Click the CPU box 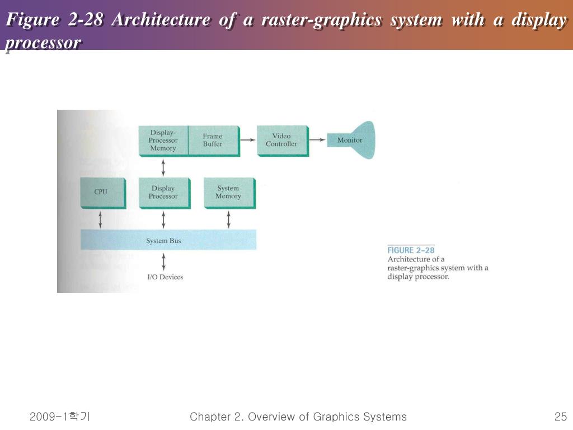pyautogui.click(x=101, y=193)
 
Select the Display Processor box pyautogui.click(x=163, y=193)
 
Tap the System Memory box pyautogui.click(x=228, y=193)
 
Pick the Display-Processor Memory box pyautogui.click(x=163, y=141)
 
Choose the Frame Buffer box pyautogui.click(x=213, y=141)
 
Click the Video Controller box pyautogui.click(x=281, y=140)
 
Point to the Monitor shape pyautogui.click(x=351, y=140)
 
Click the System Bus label pyautogui.click(x=163, y=241)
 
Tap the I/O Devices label pyautogui.click(x=165, y=277)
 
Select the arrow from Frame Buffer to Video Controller pyautogui.click(x=247, y=140)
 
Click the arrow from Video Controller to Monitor pyautogui.click(x=317, y=140)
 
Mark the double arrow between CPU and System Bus pyautogui.click(x=101, y=219)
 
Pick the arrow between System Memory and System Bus pyautogui.click(x=228, y=219)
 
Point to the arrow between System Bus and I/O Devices pyautogui.click(x=163, y=261)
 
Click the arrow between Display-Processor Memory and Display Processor pyautogui.click(x=163, y=167)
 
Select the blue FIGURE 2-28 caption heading pyautogui.click(x=411, y=250)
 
